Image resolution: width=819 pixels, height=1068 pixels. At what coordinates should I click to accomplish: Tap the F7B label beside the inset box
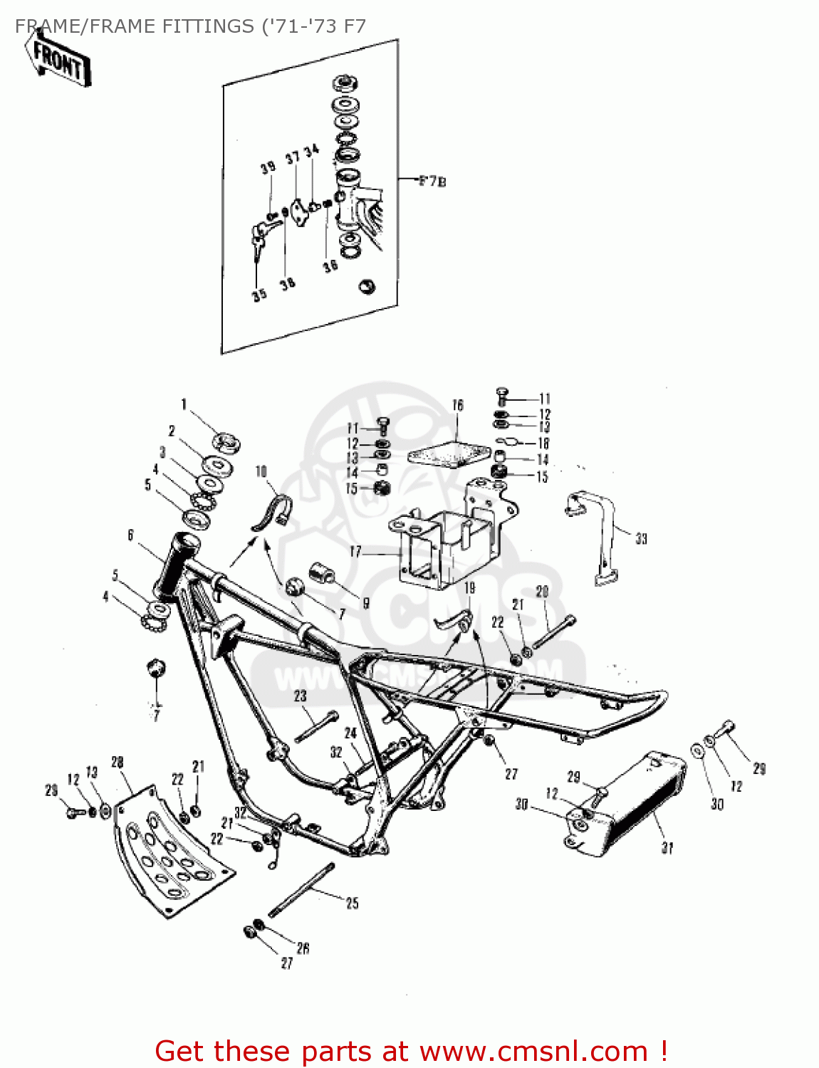click(432, 181)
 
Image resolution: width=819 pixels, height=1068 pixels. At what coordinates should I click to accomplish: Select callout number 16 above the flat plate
click(457, 405)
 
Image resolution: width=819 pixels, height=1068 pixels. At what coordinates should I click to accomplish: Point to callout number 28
click(118, 763)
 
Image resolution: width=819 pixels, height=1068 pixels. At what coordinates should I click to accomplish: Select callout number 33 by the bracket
click(641, 539)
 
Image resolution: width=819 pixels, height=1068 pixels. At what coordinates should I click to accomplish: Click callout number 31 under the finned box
click(667, 847)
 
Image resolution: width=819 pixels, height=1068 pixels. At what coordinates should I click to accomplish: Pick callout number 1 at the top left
click(183, 404)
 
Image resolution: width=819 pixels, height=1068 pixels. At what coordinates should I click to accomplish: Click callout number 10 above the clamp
click(261, 471)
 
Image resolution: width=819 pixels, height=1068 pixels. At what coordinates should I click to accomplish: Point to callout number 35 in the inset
click(259, 294)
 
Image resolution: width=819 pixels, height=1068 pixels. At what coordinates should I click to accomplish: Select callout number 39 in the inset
click(268, 168)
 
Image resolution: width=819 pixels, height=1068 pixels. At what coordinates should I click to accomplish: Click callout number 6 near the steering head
click(130, 535)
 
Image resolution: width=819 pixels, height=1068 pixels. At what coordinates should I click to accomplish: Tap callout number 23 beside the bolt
click(300, 696)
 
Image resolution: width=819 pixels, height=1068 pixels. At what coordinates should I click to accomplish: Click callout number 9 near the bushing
click(366, 603)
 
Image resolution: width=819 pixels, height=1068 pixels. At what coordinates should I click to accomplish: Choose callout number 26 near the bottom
click(303, 948)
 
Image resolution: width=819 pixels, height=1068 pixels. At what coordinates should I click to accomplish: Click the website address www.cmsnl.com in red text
click(533, 1051)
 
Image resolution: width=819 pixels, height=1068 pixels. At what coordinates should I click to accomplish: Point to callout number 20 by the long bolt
click(542, 592)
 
